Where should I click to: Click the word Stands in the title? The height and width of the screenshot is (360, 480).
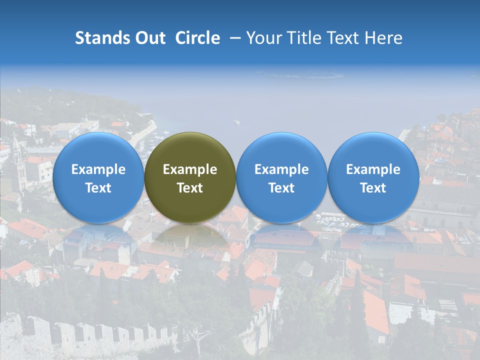pos(98,38)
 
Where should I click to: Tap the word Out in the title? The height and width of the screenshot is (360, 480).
pos(149,38)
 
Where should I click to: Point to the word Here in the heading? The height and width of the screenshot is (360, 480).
pos(383,38)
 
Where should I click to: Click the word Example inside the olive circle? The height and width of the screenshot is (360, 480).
pos(190,169)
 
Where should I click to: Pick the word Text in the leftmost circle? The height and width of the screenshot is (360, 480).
pos(98,188)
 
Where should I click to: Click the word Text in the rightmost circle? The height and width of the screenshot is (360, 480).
pos(373,188)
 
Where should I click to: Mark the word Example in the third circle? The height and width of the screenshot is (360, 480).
pos(281,169)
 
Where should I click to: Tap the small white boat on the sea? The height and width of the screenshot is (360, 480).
pos(237,121)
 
